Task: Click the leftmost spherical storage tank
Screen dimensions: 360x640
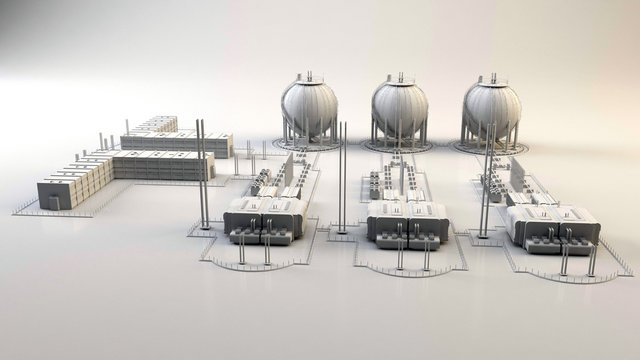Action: (308, 108)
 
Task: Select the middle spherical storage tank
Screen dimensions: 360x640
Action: (399, 108)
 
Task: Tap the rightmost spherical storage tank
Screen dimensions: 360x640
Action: (492, 108)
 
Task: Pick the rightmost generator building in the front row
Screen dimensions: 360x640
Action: (552, 224)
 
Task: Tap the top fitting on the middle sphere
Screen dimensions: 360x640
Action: (400, 76)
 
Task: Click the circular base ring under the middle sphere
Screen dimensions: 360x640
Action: (400, 148)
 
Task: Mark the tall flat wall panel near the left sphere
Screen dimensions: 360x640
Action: (288, 170)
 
